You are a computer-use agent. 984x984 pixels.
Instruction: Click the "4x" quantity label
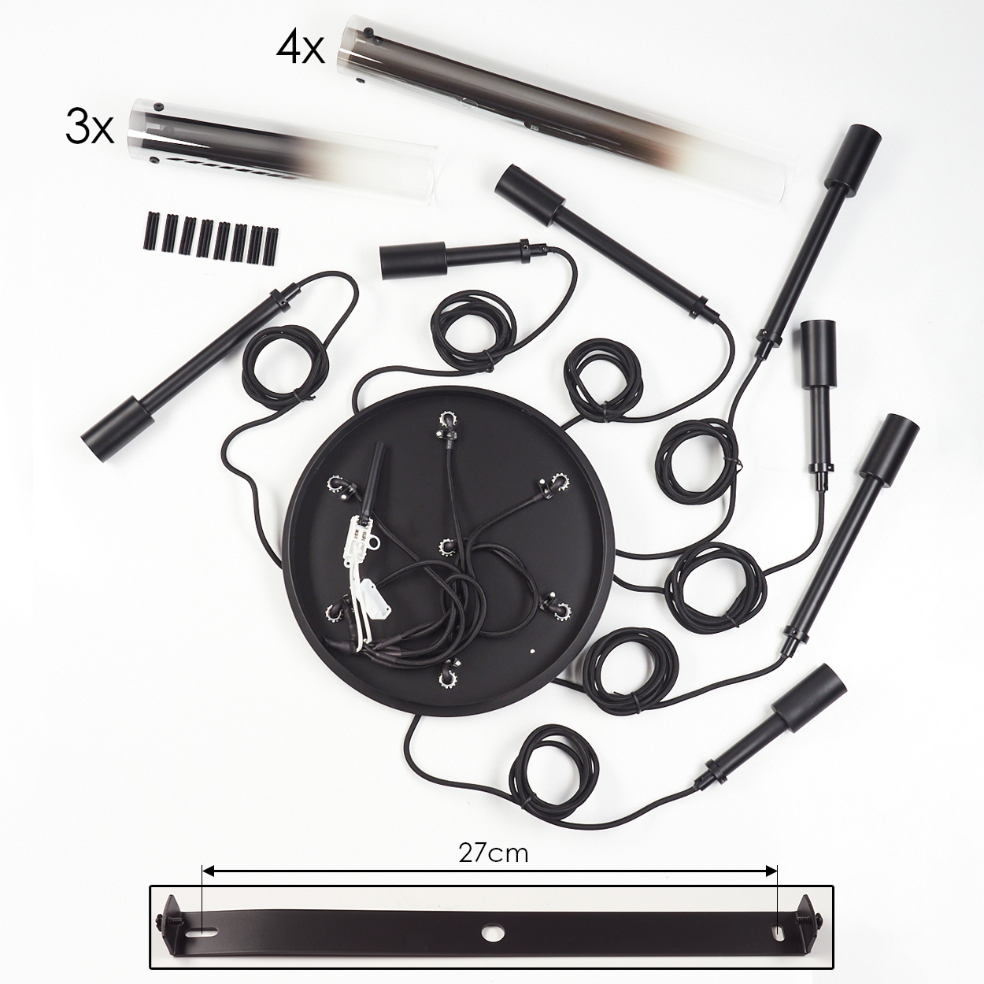click(300, 50)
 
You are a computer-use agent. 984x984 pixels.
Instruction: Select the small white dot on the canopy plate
click(532, 651)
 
